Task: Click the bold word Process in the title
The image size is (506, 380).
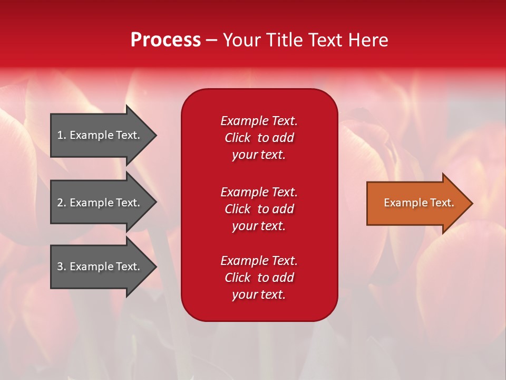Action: click(x=166, y=40)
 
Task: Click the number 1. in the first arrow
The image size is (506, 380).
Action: click(x=61, y=135)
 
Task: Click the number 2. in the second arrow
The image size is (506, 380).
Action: click(x=61, y=203)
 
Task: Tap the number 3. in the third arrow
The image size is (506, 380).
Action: click(x=61, y=267)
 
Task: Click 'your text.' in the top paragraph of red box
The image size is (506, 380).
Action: click(x=259, y=155)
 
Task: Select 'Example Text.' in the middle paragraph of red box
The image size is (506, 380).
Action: click(x=259, y=192)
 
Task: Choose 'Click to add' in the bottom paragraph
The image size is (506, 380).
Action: click(x=259, y=278)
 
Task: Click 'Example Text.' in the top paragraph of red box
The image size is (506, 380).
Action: click(x=259, y=121)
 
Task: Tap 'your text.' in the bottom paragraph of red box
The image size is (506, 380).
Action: click(x=259, y=294)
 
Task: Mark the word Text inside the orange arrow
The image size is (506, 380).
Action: click(x=442, y=203)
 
